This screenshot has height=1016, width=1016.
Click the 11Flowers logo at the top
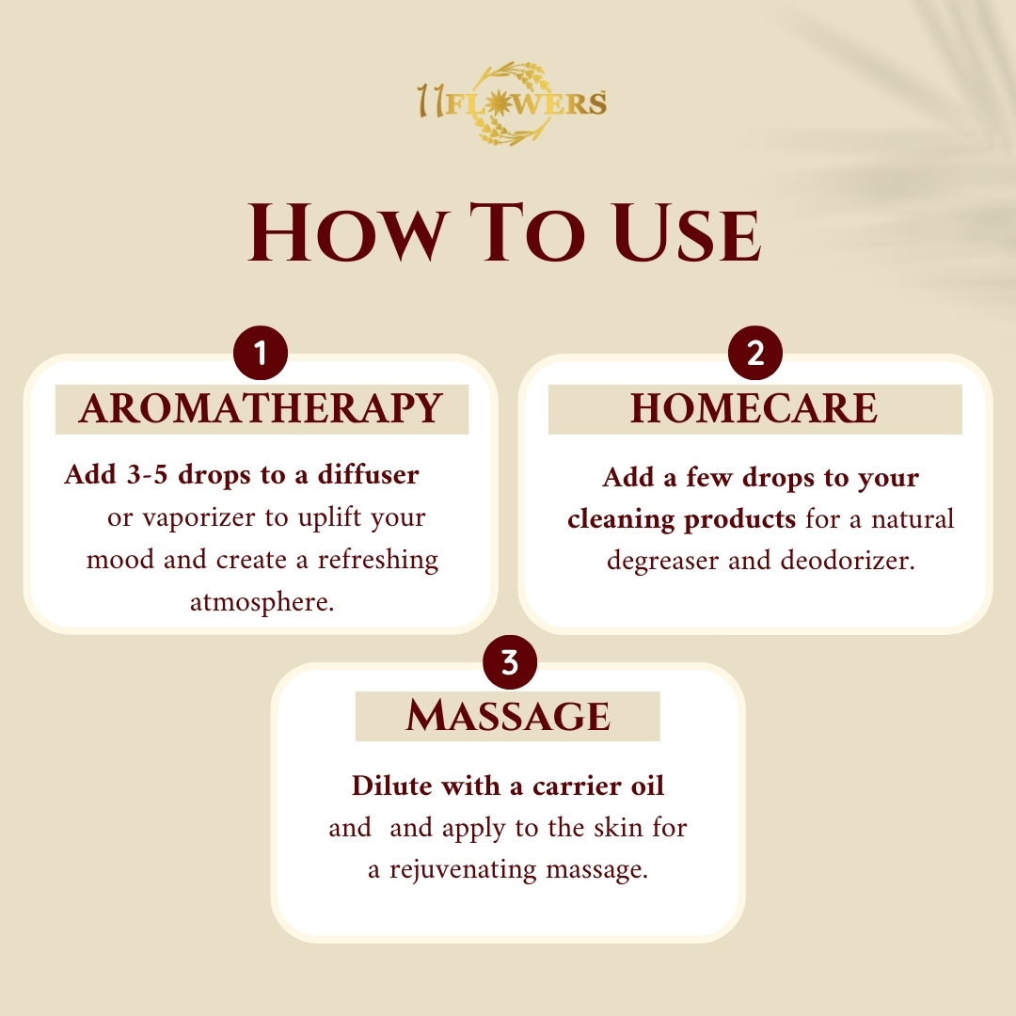tap(512, 103)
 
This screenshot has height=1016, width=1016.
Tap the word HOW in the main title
tap(347, 232)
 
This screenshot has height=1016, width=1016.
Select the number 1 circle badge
tap(261, 353)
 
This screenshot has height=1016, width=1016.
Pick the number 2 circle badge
tap(754, 353)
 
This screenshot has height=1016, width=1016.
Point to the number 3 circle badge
tap(510, 662)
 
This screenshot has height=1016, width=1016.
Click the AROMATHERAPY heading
tap(262, 408)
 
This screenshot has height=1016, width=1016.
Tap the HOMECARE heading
tap(754, 408)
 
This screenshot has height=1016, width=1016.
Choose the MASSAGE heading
tap(508, 716)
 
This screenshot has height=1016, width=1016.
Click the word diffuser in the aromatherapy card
tap(368, 474)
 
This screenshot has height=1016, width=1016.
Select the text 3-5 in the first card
tap(147, 475)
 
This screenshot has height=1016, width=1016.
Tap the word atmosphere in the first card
tap(262, 603)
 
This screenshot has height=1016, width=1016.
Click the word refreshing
tap(378, 560)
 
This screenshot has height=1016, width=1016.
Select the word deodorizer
tap(848, 560)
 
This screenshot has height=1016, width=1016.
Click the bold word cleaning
tap(622, 519)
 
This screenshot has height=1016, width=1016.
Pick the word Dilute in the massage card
tap(393, 786)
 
